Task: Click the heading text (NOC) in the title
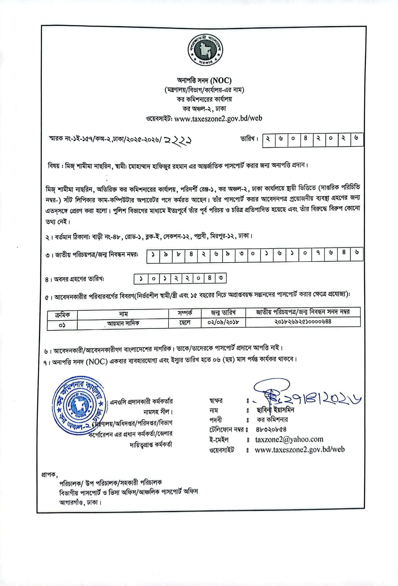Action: point(221,80)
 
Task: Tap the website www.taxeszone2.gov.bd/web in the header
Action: point(218,119)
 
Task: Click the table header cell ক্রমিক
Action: point(62,314)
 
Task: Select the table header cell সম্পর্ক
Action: point(185,313)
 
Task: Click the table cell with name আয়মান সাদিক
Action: point(123,323)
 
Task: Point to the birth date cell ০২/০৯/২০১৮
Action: point(223,322)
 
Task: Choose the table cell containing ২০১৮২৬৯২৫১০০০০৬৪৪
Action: point(303,321)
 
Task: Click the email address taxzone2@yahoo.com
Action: point(289,439)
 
